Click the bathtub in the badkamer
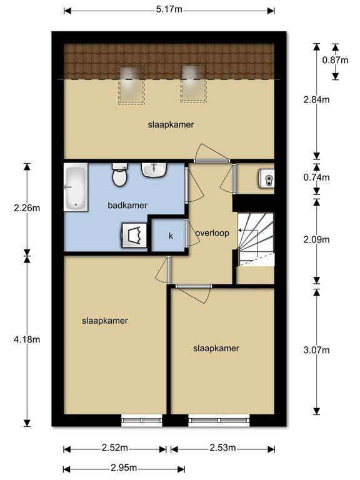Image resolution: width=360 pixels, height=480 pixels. (x=76, y=187)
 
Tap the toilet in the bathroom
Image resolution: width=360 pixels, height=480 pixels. (x=119, y=174)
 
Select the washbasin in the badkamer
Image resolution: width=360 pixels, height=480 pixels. (x=154, y=169)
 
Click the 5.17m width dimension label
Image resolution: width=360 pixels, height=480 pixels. (x=169, y=9)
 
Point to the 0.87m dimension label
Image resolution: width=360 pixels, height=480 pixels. (x=335, y=60)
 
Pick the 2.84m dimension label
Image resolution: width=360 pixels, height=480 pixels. (x=316, y=99)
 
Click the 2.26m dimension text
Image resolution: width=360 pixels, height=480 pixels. (x=27, y=208)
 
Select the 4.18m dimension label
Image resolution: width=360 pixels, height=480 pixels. (x=27, y=339)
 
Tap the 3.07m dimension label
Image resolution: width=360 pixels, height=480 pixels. (x=316, y=350)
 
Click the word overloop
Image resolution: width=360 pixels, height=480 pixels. (x=212, y=233)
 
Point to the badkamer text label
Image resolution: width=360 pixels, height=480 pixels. (x=127, y=206)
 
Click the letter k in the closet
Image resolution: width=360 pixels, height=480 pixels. (x=171, y=236)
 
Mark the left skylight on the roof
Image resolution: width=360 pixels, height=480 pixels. (x=131, y=84)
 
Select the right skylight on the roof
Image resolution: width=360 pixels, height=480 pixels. (x=194, y=83)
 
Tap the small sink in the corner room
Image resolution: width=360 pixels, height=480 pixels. (x=266, y=178)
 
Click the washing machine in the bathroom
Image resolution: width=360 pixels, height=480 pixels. (x=134, y=235)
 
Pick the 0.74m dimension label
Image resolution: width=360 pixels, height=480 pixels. (x=316, y=177)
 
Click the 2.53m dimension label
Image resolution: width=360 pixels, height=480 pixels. (x=222, y=448)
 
